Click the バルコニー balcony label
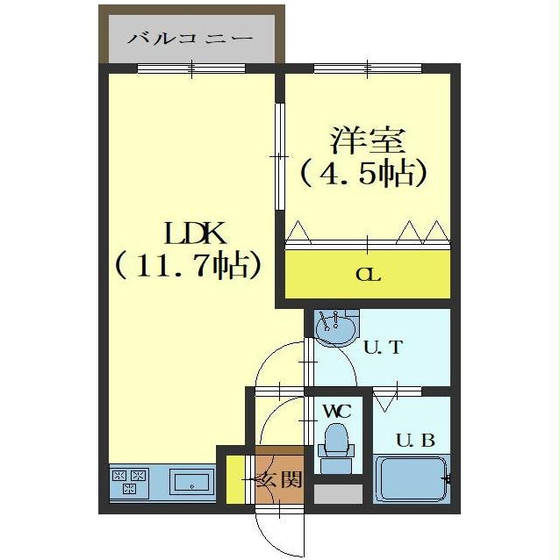click(190, 39)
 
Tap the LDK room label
click(196, 234)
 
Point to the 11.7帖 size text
click(188, 264)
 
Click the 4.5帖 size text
click(363, 173)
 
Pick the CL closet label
click(367, 275)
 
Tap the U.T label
click(383, 347)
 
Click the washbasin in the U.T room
click(334, 330)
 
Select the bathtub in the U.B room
click(411, 480)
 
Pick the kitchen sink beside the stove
click(192, 482)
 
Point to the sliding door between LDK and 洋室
click(280, 156)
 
